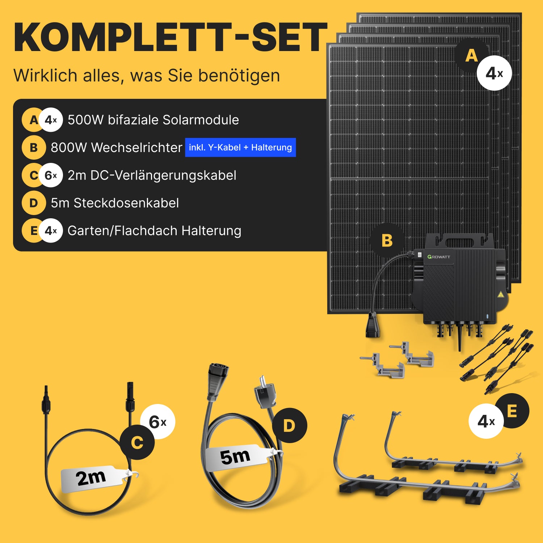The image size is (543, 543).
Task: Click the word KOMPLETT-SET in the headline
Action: pyautogui.click(x=170, y=37)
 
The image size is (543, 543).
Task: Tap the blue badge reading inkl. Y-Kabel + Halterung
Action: pyautogui.click(x=240, y=147)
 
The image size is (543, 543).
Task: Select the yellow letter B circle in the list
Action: pyautogui.click(x=34, y=147)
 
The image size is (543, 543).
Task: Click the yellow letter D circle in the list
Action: pyautogui.click(x=34, y=203)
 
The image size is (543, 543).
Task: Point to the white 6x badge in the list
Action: pyautogui.click(x=51, y=175)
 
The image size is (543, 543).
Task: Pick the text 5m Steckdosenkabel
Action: pyautogui.click(x=115, y=203)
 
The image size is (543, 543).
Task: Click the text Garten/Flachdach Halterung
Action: pyautogui.click(x=154, y=231)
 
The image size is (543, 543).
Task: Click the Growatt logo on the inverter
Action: pyautogui.click(x=439, y=257)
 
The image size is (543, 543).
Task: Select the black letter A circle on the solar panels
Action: pyautogui.click(x=472, y=55)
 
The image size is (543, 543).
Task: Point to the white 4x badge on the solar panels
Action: pyautogui.click(x=494, y=73)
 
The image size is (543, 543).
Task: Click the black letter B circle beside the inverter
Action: pyautogui.click(x=387, y=240)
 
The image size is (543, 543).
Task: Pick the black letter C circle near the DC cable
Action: pyautogui.click(x=137, y=442)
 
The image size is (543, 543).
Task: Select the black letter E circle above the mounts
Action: pyautogui.click(x=512, y=411)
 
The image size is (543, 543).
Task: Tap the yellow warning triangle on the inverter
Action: pyautogui.click(x=501, y=294)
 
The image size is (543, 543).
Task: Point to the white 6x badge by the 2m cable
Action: pyautogui.click(x=157, y=422)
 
